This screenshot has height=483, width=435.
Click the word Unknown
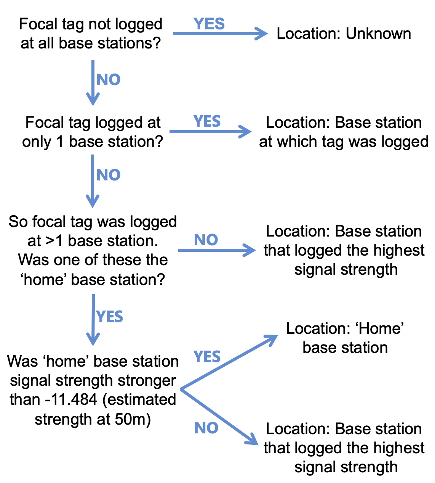tap(378, 34)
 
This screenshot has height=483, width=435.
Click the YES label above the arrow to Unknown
tap(209, 24)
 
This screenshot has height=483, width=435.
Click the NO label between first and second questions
tap(109, 79)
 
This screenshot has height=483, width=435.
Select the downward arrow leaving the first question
tap(93, 82)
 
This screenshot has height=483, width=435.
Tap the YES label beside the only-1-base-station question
tap(207, 121)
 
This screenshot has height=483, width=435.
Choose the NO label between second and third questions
tap(109, 175)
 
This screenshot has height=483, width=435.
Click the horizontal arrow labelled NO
tap(217, 250)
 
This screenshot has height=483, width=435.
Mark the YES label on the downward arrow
tap(110, 317)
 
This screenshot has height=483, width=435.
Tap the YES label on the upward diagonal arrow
tap(207, 357)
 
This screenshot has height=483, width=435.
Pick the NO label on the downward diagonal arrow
tap(206, 428)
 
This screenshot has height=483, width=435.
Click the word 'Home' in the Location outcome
tap(381, 328)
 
